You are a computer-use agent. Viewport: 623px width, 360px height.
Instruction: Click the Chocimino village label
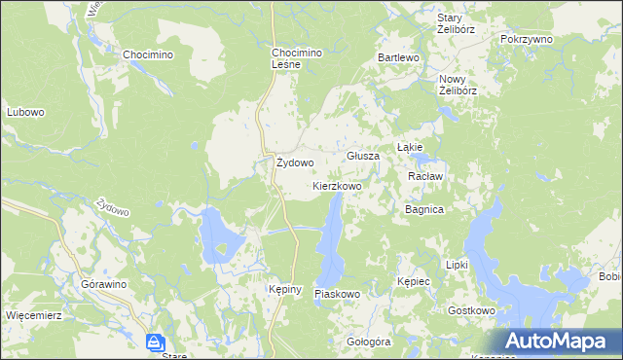pos(147,55)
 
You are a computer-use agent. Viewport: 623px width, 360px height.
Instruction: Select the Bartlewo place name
pos(398,58)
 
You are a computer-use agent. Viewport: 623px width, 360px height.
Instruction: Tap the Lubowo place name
pos(26,112)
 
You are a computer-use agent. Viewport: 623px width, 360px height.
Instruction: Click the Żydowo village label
pos(295,162)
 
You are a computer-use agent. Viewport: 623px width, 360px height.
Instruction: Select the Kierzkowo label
pos(337,185)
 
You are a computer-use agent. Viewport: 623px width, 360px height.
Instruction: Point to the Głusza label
pos(362,156)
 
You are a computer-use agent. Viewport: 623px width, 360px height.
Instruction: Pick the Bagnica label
pos(424,209)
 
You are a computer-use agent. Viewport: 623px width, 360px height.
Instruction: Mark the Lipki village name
pos(457,265)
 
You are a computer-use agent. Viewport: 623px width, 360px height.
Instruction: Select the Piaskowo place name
pos(338,293)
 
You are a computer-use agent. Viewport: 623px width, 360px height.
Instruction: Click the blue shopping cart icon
pos(155,342)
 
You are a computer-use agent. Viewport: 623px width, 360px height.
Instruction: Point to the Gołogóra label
pos(368,342)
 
